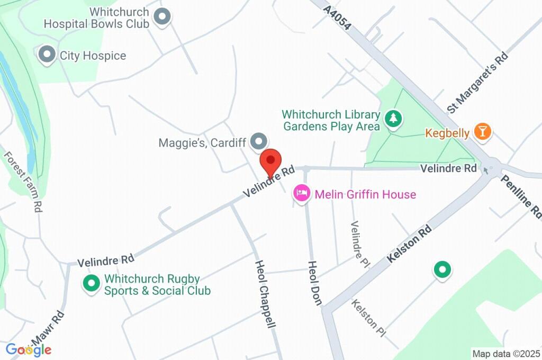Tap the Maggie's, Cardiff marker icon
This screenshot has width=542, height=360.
(x=259, y=141)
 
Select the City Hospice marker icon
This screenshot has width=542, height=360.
(x=48, y=55)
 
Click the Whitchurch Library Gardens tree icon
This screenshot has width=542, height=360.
(x=393, y=120)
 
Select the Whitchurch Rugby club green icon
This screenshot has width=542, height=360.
(x=92, y=283)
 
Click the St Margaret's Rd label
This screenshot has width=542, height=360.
(x=477, y=83)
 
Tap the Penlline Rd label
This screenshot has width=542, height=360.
(x=522, y=196)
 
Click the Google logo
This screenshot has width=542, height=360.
(x=29, y=349)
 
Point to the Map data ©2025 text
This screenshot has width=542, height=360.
(x=506, y=354)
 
